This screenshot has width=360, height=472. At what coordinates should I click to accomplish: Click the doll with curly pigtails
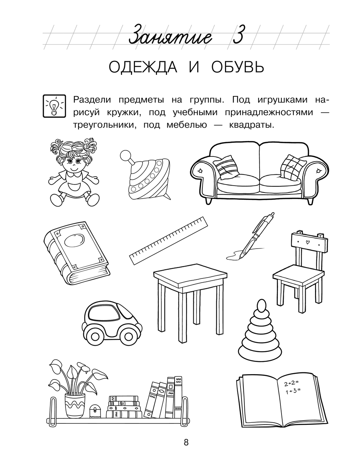pyautogui.click(x=73, y=172)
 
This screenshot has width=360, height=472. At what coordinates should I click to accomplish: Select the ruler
pyautogui.click(x=168, y=241)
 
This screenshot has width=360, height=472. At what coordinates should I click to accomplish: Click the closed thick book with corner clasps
pyautogui.click(x=76, y=254)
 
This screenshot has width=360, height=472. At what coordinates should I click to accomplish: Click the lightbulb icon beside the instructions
pyautogui.click(x=54, y=106)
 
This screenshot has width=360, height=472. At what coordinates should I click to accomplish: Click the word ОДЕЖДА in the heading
pyautogui.click(x=143, y=67)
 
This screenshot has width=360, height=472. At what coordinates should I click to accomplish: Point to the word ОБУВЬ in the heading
pyautogui.click(x=238, y=67)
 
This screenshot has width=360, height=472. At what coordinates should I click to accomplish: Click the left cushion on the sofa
pyautogui.click(x=226, y=167)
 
